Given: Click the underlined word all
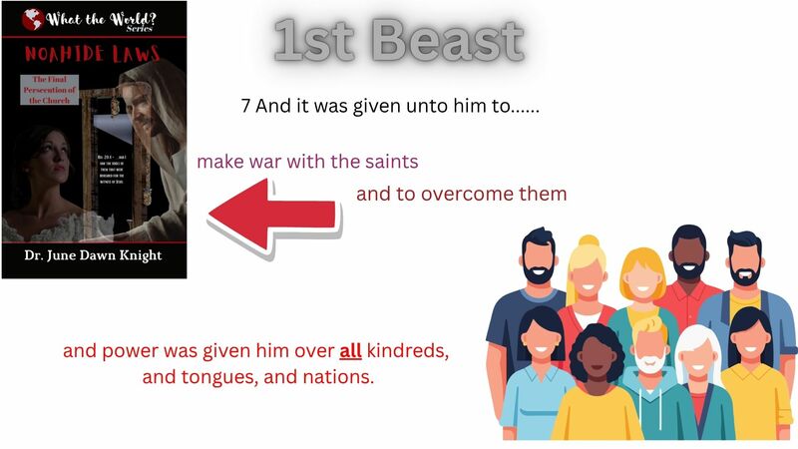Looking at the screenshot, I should pyautogui.click(x=350, y=351).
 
